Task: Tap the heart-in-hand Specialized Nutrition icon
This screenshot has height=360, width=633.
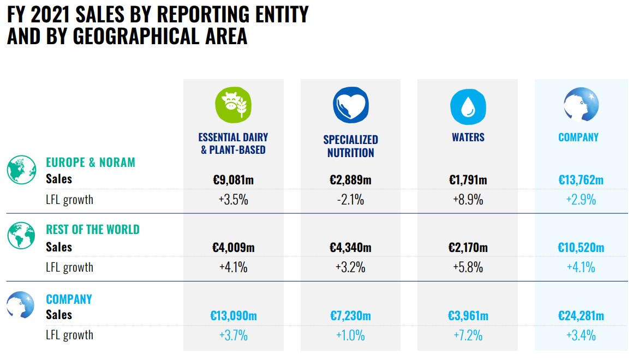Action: [350, 105]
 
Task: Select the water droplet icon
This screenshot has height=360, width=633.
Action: [468, 105]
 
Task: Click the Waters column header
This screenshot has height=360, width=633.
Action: [468, 137]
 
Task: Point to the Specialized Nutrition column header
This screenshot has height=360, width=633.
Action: [350, 146]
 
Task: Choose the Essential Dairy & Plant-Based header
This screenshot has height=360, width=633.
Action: [234, 143]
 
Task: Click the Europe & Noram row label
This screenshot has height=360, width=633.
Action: [91, 162]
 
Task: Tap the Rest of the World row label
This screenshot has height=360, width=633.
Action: [93, 230]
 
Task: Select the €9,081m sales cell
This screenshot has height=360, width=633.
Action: [234, 179]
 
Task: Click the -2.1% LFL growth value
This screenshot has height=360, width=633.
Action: [350, 200]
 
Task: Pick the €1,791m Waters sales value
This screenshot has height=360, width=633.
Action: [468, 179]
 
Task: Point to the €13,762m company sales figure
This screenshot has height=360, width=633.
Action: [581, 179]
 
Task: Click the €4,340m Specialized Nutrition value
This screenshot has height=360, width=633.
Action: [350, 248]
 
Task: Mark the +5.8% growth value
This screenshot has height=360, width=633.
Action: [468, 267]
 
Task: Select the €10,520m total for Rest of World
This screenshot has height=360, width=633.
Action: [581, 248]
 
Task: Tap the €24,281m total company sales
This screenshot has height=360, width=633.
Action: [581, 315]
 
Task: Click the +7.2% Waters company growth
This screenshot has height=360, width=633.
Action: [468, 335]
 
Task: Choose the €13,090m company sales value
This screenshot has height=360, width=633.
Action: [234, 315]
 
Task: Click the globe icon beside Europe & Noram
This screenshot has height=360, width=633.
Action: [21, 169]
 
